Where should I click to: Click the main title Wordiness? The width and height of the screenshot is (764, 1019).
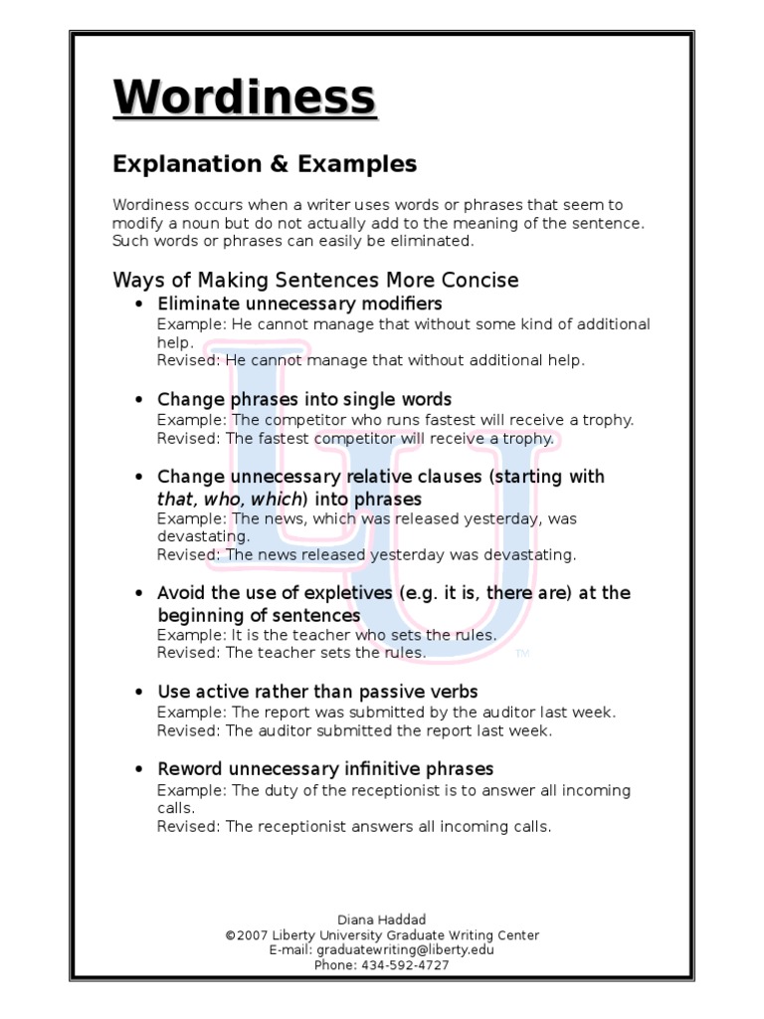tap(245, 100)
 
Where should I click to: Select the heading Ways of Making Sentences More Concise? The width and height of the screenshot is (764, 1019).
tap(315, 280)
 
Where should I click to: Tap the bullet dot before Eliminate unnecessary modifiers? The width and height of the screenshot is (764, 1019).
tap(139, 304)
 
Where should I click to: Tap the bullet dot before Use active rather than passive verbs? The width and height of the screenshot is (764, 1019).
tap(139, 692)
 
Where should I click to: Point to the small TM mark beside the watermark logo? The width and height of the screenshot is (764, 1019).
tap(523, 654)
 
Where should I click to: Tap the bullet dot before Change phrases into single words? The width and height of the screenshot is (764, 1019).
tap(139, 400)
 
